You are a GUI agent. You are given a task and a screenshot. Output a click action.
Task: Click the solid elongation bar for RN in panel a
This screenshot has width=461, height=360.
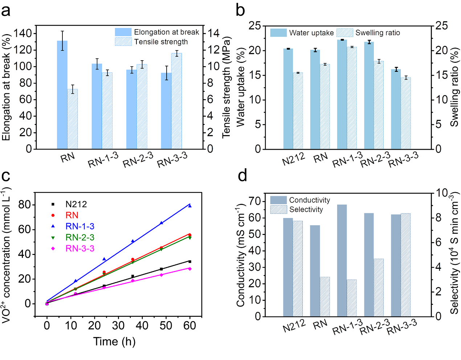tap(62, 94)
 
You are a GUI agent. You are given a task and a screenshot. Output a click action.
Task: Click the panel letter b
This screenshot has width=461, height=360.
tap(240, 10)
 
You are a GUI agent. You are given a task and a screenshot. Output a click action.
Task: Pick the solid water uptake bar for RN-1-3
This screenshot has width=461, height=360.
tap(342, 94)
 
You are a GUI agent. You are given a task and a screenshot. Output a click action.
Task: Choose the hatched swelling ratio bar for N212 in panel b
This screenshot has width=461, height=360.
tap(298, 111)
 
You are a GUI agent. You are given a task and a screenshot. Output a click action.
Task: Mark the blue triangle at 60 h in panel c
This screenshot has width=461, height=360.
tap(189, 206)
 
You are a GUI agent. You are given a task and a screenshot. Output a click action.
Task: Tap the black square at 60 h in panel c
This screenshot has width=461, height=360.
tap(189, 262)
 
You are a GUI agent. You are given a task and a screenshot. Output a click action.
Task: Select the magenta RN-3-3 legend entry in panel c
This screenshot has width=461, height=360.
tap(80, 248)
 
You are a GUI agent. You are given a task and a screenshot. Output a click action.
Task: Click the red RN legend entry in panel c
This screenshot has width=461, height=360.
tap(72, 215)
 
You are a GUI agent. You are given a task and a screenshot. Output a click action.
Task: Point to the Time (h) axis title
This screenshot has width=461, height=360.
tap(114, 341)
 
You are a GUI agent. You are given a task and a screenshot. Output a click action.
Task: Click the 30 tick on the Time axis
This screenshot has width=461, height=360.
tap(118, 325)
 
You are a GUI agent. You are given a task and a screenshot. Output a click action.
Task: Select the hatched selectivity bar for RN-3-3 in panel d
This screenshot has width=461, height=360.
tap(405, 265)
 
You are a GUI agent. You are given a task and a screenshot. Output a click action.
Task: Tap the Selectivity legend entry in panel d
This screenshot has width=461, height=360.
tap(306, 210)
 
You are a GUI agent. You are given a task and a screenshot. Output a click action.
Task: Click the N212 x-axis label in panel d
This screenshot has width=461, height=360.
tap(294, 326)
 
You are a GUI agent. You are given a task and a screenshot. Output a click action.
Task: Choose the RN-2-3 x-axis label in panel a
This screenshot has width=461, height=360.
tap(138, 160)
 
